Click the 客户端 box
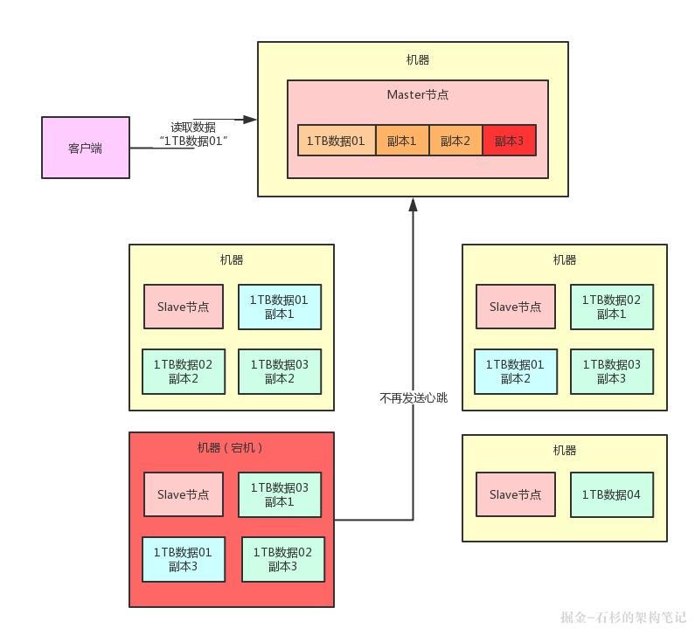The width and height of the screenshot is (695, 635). click(86, 148)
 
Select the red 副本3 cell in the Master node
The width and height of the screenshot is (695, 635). click(508, 141)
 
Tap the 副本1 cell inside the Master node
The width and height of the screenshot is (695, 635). click(402, 141)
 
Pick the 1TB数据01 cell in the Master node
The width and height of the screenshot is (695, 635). click(337, 141)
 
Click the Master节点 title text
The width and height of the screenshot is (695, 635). click(417, 94)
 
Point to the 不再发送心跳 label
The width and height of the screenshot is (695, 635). click(414, 397)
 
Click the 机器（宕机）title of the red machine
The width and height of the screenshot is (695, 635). click(231, 448)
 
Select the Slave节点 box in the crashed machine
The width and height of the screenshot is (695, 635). click(184, 494)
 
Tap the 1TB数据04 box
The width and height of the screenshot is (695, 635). click(611, 494)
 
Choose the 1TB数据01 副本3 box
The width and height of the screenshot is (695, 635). click(184, 559)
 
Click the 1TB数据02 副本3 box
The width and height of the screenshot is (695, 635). click(282, 559)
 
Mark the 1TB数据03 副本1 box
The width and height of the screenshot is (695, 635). click(280, 494)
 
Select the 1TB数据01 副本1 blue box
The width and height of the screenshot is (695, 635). click(280, 307)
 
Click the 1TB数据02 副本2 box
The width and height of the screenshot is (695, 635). click(184, 371)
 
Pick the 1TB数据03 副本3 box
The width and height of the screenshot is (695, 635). click(611, 371)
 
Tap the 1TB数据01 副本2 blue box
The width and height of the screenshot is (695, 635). click(515, 371)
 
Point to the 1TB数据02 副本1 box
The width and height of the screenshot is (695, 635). click(611, 307)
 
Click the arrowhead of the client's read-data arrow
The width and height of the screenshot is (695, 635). click(251, 119)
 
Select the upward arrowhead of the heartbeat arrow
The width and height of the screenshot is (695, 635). click(413, 204)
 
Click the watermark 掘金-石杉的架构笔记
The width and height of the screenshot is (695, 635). click(622, 617)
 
